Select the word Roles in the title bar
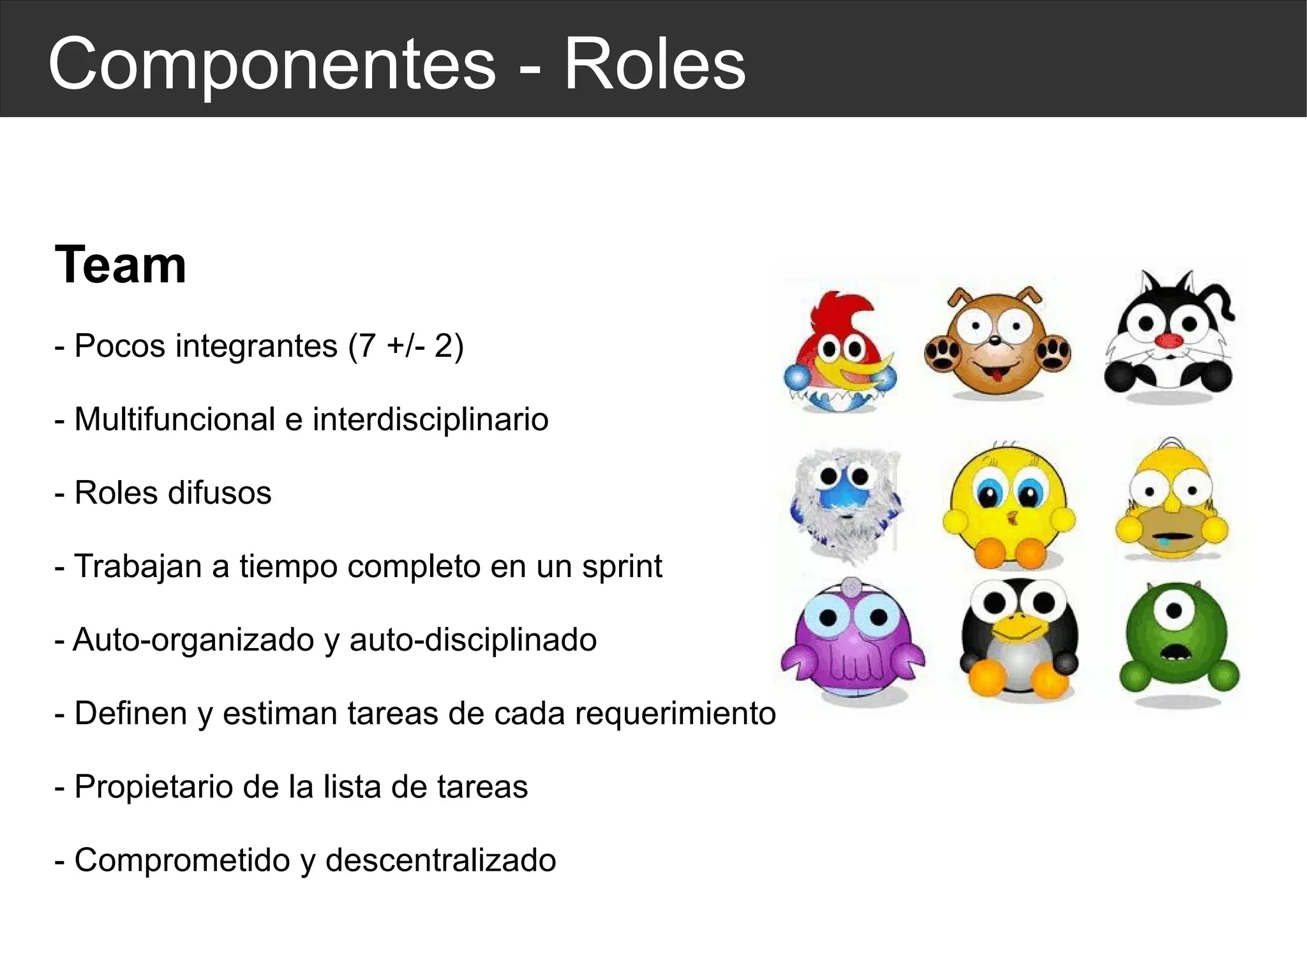point(655,64)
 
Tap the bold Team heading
point(121,264)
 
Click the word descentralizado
point(440,860)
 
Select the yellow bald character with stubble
point(1172,502)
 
